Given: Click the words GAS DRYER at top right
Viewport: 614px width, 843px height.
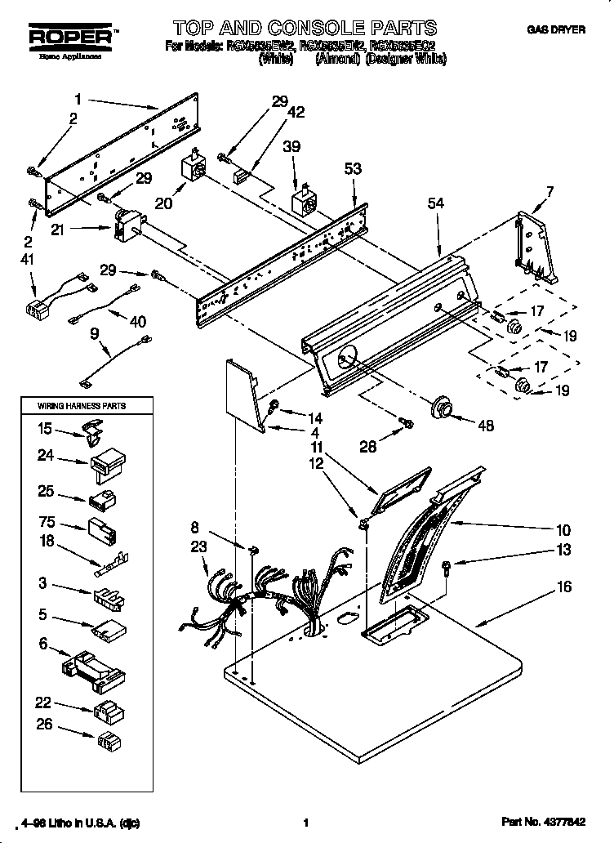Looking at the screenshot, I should pyautogui.click(x=555, y=30).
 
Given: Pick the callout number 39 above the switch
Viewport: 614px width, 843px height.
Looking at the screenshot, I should pyautogui.click(x=291, y=146).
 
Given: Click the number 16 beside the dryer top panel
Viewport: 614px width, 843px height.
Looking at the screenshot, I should pyautogui.click(x=565, y=587).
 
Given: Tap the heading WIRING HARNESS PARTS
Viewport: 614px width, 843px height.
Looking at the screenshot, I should pyautogui.click(x=82, y=405).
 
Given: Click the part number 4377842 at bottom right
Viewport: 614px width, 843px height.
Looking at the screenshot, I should pyautogui.click(x=564, y=824).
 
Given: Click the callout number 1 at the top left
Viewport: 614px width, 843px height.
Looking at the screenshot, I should pyautogui.click(x=78, y=100).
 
